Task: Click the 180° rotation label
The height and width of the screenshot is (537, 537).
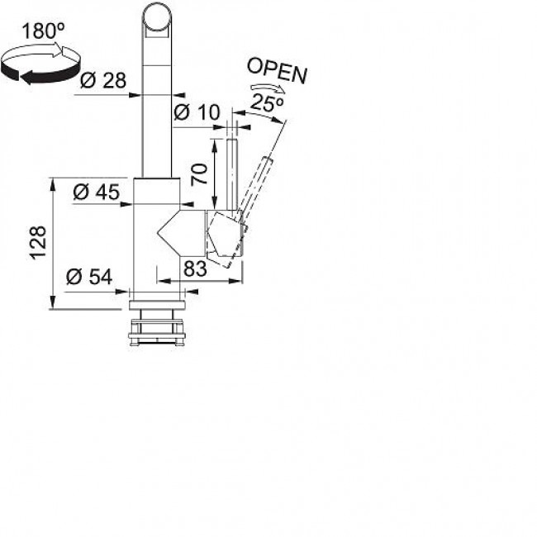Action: click(43, 31)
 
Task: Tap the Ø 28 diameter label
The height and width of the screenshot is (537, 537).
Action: click(103, 81)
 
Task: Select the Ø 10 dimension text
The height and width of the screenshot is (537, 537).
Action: click(197, 112)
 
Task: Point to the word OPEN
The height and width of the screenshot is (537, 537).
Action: click(277, 71)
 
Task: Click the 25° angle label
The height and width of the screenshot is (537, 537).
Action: click(267, 102)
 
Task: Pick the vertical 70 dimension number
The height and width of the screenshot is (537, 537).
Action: click(199, 174)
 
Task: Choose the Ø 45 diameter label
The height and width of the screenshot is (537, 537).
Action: click(97, 192)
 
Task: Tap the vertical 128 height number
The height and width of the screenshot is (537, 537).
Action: click(38, 242)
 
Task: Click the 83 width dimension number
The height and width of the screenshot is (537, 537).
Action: click(195, 268)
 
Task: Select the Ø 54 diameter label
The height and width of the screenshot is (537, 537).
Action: click(89, 277)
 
